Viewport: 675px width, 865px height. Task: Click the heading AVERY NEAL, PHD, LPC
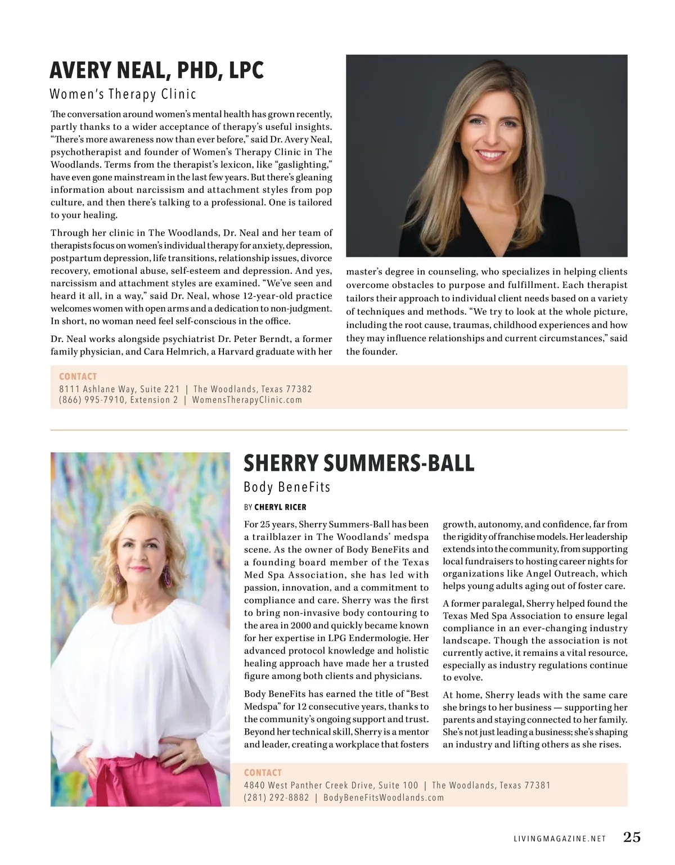click(x=156, y=70)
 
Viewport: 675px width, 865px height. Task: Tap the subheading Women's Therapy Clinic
click(x=123, y=94)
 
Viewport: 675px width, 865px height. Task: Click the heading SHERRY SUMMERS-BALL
click(x=359, y=463)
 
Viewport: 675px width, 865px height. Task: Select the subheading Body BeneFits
click(x=287, y=487)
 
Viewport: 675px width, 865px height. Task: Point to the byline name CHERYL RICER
click(x=280, y=507)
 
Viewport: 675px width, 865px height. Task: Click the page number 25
click(x=632, y=837)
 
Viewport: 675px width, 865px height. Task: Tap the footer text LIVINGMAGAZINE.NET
click(x=560, y=839)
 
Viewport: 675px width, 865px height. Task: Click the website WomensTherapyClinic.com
click(x=247, y=400)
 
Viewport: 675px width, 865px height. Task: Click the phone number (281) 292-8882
click(x=276, y=798)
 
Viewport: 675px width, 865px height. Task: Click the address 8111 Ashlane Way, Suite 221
click(x=119, y=389)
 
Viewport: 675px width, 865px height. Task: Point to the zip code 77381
click(x=538, y=785)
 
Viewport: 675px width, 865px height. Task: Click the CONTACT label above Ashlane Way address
click(x=78, y=376)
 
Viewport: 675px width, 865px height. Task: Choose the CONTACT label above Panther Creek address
click(x=263, y=773)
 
